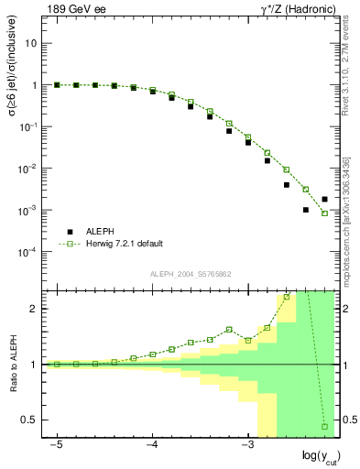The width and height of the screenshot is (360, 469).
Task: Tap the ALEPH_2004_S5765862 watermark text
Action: coord(191,274)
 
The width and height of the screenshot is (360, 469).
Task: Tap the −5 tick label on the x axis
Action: coord(57,444)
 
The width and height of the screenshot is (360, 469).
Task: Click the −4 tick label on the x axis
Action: coord(152,444)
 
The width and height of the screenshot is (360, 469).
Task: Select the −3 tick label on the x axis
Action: coord(246,444)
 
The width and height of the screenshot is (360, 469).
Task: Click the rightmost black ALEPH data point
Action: coord(324,199)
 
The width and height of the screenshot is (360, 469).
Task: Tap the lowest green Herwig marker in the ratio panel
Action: coord(324,426)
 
